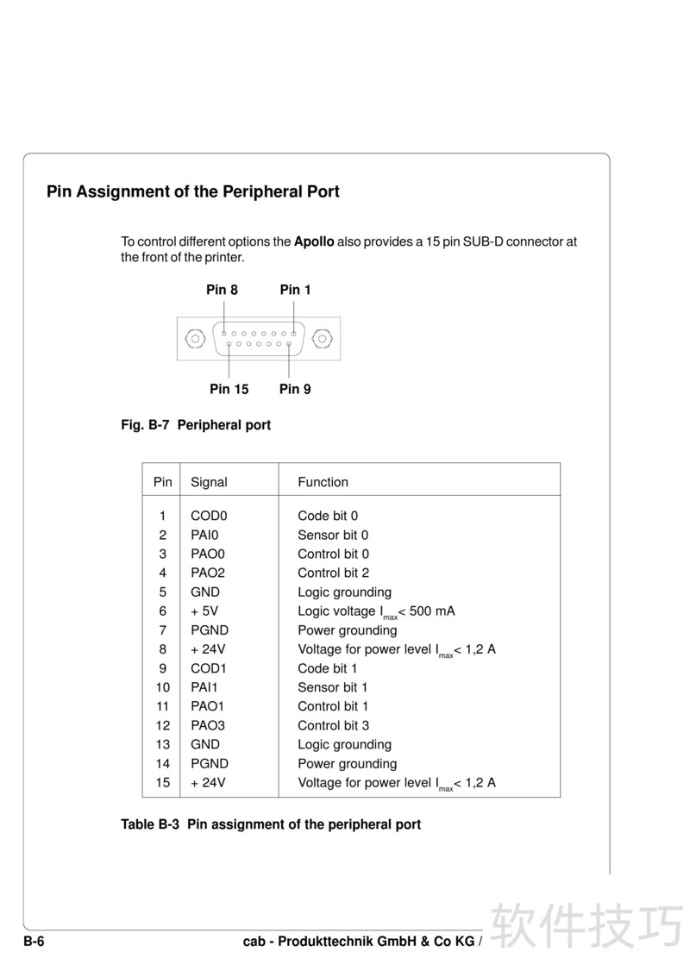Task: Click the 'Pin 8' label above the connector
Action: [222, 290]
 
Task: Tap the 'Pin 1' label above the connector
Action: [295, 290]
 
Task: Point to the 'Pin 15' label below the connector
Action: [229, 389]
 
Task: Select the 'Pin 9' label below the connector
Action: [295, 389]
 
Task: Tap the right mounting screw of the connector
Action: [323, 337]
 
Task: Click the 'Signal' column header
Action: [209, 482]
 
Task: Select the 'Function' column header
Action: [323, 482]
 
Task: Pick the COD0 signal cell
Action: [209, 516]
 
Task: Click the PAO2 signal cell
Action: [208, 573]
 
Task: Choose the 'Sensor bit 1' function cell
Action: [333, 687]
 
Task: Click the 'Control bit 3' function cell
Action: [334, 725]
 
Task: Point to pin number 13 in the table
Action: [163, 744]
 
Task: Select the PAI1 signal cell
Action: [205, 687]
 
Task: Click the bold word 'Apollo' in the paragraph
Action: [314, 241]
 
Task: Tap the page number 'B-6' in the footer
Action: [34, 942]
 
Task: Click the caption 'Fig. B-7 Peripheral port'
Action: [196, 425]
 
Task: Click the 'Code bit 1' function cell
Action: [328, 668]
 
